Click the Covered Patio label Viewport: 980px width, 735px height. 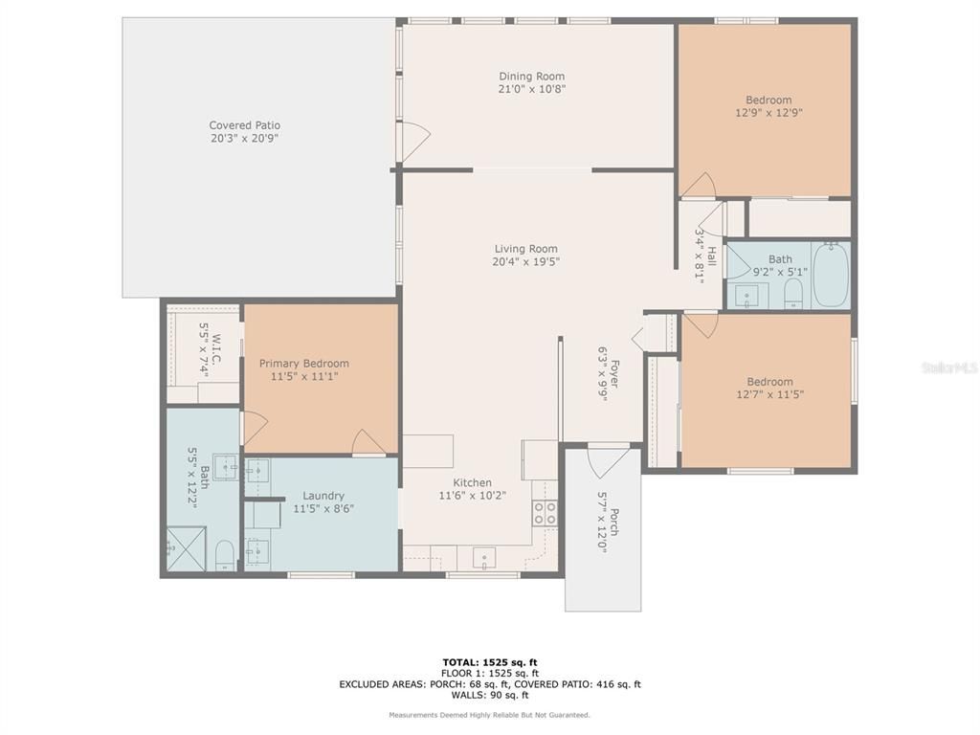click(x=245, y=125)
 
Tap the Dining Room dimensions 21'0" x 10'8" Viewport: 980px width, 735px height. click(x=532, y=89)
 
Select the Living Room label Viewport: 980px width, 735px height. click(x=525, y=249)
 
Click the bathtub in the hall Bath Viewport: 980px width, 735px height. click(x=831, y=274)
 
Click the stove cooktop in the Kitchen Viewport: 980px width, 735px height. click(x=545, y=512)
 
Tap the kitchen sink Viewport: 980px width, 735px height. click(x=485, y=557)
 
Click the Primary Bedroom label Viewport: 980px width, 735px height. click(x=304, y=364)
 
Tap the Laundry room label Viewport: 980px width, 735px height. click(x=323, y=496)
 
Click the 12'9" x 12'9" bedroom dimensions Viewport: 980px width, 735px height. click(x=768, y=112)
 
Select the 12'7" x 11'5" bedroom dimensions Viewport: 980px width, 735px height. click(x=769, y=394)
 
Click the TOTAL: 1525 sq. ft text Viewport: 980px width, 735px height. click(x=489, y=661)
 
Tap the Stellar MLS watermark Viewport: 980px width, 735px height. click(x=947, y=367)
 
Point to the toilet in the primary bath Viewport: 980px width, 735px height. click(x=224, y=554)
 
